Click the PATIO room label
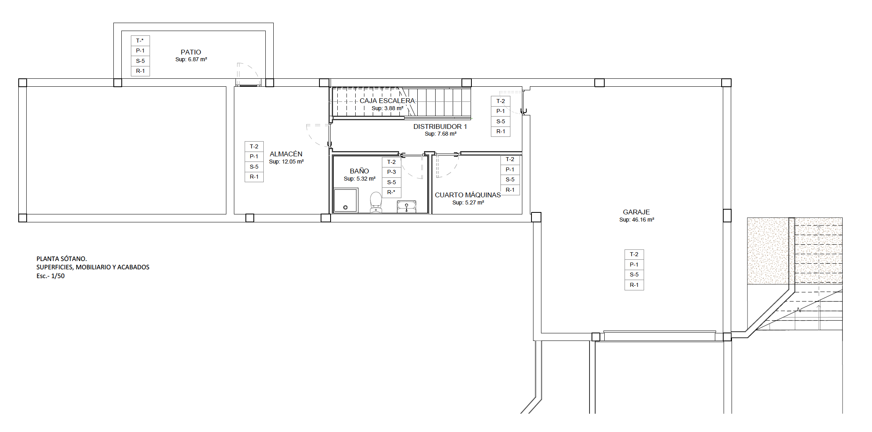pos(191,52)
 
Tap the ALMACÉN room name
pos(286,154)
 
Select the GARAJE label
pos(636,212)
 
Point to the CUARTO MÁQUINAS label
pos(468,195)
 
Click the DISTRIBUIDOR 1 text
pos(440,126)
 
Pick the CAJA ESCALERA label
pos(387,101)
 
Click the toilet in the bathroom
pos(376,203)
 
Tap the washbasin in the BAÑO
pos(407,207)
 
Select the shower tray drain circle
pos(345,207)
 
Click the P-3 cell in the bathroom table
pos(391,172)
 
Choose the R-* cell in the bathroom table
pos(391,193)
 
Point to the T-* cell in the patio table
pos(140,41)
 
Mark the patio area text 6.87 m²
pos(197,59)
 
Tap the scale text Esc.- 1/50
pos(51,276)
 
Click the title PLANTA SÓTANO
pos(62,259)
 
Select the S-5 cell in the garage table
pos(634,275)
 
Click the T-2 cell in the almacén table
pos(254,146)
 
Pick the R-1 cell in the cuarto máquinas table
pos(510,190)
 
